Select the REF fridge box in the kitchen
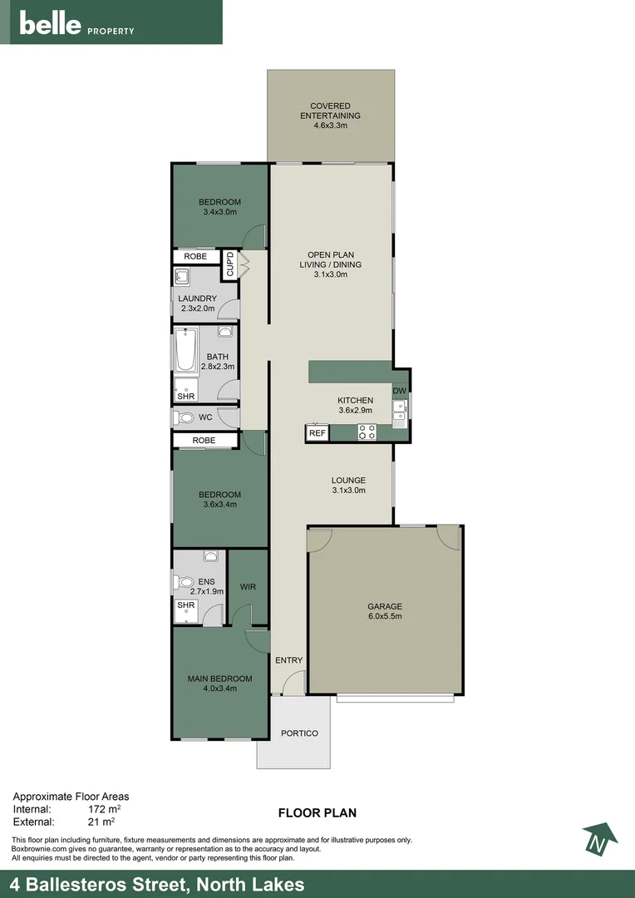click(x=317, y=433)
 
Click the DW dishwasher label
click(x=400, y=391)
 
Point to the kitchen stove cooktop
click(x=367, y=432)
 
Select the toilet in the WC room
click(x=184, y=417)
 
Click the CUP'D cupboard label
click(x=230, y=264)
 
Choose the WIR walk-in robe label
click(x=248, y=587)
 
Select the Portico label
click(x=299, y=733)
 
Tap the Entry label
click(x=288, y=660)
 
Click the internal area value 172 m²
click(x=105, y=808)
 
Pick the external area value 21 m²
click(x=101, y=822)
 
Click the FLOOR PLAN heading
click(x=317, y=813)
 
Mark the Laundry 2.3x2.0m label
click(x=198, y=303)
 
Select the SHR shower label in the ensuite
click(x=185, y=605)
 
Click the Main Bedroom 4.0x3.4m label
click(x=219, y=683)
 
